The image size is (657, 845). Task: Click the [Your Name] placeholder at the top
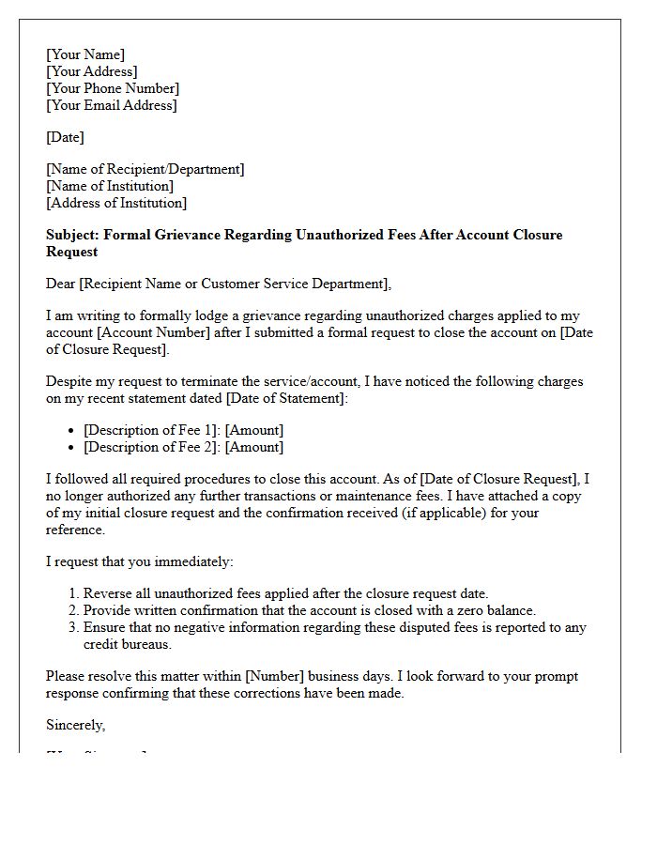[85, 54]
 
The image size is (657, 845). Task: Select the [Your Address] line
[92, 71]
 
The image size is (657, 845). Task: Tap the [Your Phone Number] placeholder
[113, 88]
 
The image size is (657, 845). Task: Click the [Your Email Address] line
[111, 105]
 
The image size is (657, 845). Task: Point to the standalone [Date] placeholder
[65, 137]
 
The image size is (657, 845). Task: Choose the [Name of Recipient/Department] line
[145, 169]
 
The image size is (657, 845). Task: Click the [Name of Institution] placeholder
[110, 186]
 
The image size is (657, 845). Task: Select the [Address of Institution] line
[116, 203]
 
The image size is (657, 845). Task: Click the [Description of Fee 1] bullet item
[151, 430]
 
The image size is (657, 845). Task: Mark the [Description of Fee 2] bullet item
[151, 447]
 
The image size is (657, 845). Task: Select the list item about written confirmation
[309, 610]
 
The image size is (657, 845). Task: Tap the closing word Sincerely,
[76, 725]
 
